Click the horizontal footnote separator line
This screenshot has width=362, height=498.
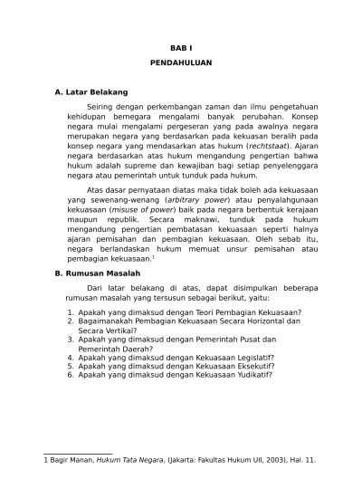(x=78, y=452)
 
